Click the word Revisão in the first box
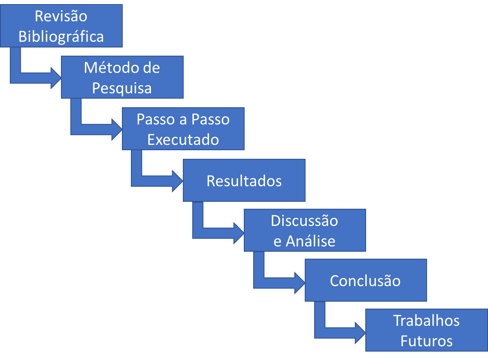tap(61, 16)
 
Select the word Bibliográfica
tap(61, 36)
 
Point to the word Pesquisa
tap(121, 88)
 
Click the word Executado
tap(183, 140)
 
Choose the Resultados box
tap(244, 180)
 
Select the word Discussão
tap(304, 221)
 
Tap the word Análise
tap(310, 241)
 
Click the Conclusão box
tap(365, 280)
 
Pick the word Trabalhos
tap(426, 320)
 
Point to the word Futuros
tap(426, 341)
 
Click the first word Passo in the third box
tap(153, 119)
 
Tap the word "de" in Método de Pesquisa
tap(152, 68)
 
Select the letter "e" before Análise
tap(277, 241)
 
